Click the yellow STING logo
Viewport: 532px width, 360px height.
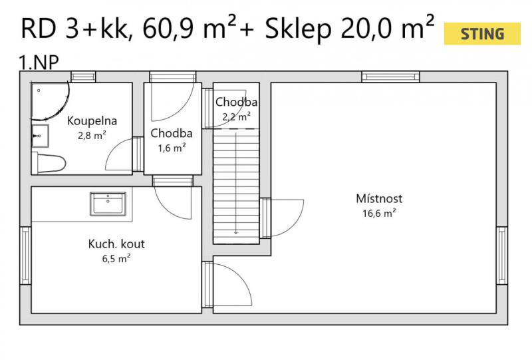click(x=482, y=34)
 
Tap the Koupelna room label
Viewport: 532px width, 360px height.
click(x=92, y=121)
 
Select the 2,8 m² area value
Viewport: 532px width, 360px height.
click(x=92, y=136)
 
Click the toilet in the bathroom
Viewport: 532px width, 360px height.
click(x=49, y=163)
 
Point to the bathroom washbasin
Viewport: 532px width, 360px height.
click(x=40, y=136)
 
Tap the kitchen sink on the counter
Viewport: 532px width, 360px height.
click(x=108, y=204)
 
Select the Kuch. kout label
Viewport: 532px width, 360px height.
click(x=116, y=244)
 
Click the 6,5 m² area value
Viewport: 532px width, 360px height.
click(x=116, y=259)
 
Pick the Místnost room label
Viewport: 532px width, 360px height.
click(x=379, y=198)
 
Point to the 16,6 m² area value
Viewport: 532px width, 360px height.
click(x=379, y=214)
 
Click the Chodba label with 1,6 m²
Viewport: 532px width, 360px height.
click(x=172, y=133)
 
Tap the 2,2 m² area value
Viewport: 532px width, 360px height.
click(x=237, y=117)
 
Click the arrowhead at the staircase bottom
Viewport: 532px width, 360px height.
click(x=236, y=233)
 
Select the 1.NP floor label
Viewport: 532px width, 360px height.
click(x=39, y=63)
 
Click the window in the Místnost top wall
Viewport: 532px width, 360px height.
click(x=390, y=77)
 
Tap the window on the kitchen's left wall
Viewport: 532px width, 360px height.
click(x=25, y=256)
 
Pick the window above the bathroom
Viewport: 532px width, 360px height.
click(x=83, y=77)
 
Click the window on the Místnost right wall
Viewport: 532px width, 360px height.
click(x=502, y=256)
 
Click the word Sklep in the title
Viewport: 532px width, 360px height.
click(x=298, y=29)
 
